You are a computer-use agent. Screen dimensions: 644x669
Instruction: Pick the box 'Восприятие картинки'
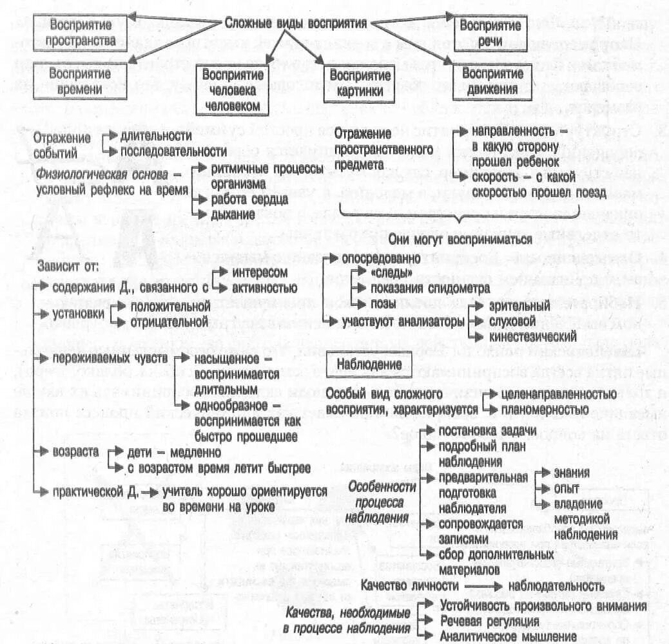point(360,82)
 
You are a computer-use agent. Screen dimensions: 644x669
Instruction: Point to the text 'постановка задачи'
point(485,431)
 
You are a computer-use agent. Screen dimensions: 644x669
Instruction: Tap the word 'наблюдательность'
point(556,586)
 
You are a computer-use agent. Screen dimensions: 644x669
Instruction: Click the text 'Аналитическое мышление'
point(509,636)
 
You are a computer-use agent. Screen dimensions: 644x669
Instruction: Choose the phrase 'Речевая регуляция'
point(490,620)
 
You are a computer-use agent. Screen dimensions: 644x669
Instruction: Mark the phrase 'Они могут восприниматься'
point(459,239)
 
